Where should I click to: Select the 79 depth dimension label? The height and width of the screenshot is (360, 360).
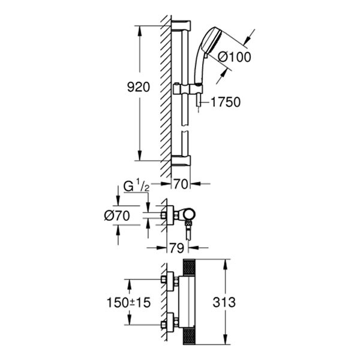175,247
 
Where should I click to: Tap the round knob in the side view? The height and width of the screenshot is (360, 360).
189,214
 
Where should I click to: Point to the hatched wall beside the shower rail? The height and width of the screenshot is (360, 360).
166,90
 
